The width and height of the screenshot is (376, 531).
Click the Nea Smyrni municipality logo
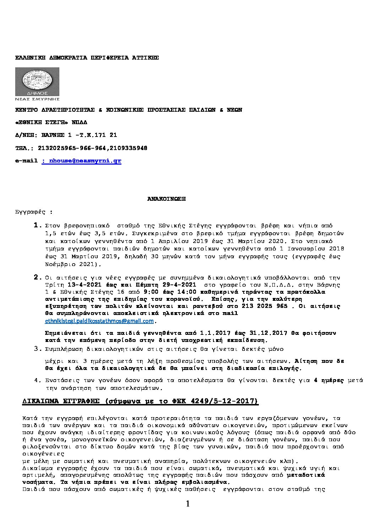[x=37, y=84]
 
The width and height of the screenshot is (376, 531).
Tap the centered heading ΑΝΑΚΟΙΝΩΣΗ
[x=167, y=199]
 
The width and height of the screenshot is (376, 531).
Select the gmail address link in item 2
[x=100, y=321]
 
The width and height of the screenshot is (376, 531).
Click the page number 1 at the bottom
[x=188, y=504]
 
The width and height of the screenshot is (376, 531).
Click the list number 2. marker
[x=37, y=277]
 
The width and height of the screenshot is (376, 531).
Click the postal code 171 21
[x=107, y=135]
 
